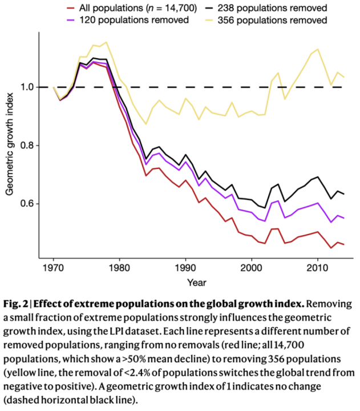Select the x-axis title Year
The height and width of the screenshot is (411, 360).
(198, 282)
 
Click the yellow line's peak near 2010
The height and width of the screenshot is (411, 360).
(318, 49)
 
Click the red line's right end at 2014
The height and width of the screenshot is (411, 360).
(344, 244)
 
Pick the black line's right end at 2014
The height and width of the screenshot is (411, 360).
(344, 194)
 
